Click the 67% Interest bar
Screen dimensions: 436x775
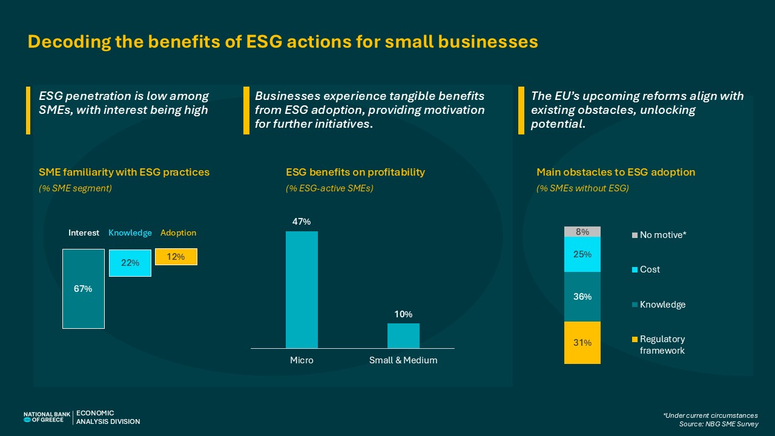(x=84, y=289)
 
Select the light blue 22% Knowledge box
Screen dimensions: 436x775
(x=130, y=263)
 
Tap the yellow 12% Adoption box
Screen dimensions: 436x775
(x=176, y=257)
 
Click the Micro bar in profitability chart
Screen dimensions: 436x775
(x=302, y=289)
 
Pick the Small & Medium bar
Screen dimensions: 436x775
(x=403, y=335)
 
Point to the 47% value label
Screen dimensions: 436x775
(x=302, y=222)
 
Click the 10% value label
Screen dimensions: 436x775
(x=403, y=314)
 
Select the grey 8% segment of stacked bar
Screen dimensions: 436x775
(x=582, y=231)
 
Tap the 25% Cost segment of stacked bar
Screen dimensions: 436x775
(x=582, y=254)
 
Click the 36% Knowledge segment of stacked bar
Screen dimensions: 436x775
(x=582, y=297)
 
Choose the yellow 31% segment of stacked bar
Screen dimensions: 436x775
(x=582, y=343)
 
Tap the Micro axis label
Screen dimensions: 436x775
(x=302, y=360)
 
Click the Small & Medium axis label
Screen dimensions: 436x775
(x=403, y=360)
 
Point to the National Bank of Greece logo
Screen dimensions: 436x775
(x=44, y=417)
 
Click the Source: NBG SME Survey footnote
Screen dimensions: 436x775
(x=719, y=424)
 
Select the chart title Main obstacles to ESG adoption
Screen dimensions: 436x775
(x=616, y=172)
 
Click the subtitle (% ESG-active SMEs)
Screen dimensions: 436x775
(x=329, y=188)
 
